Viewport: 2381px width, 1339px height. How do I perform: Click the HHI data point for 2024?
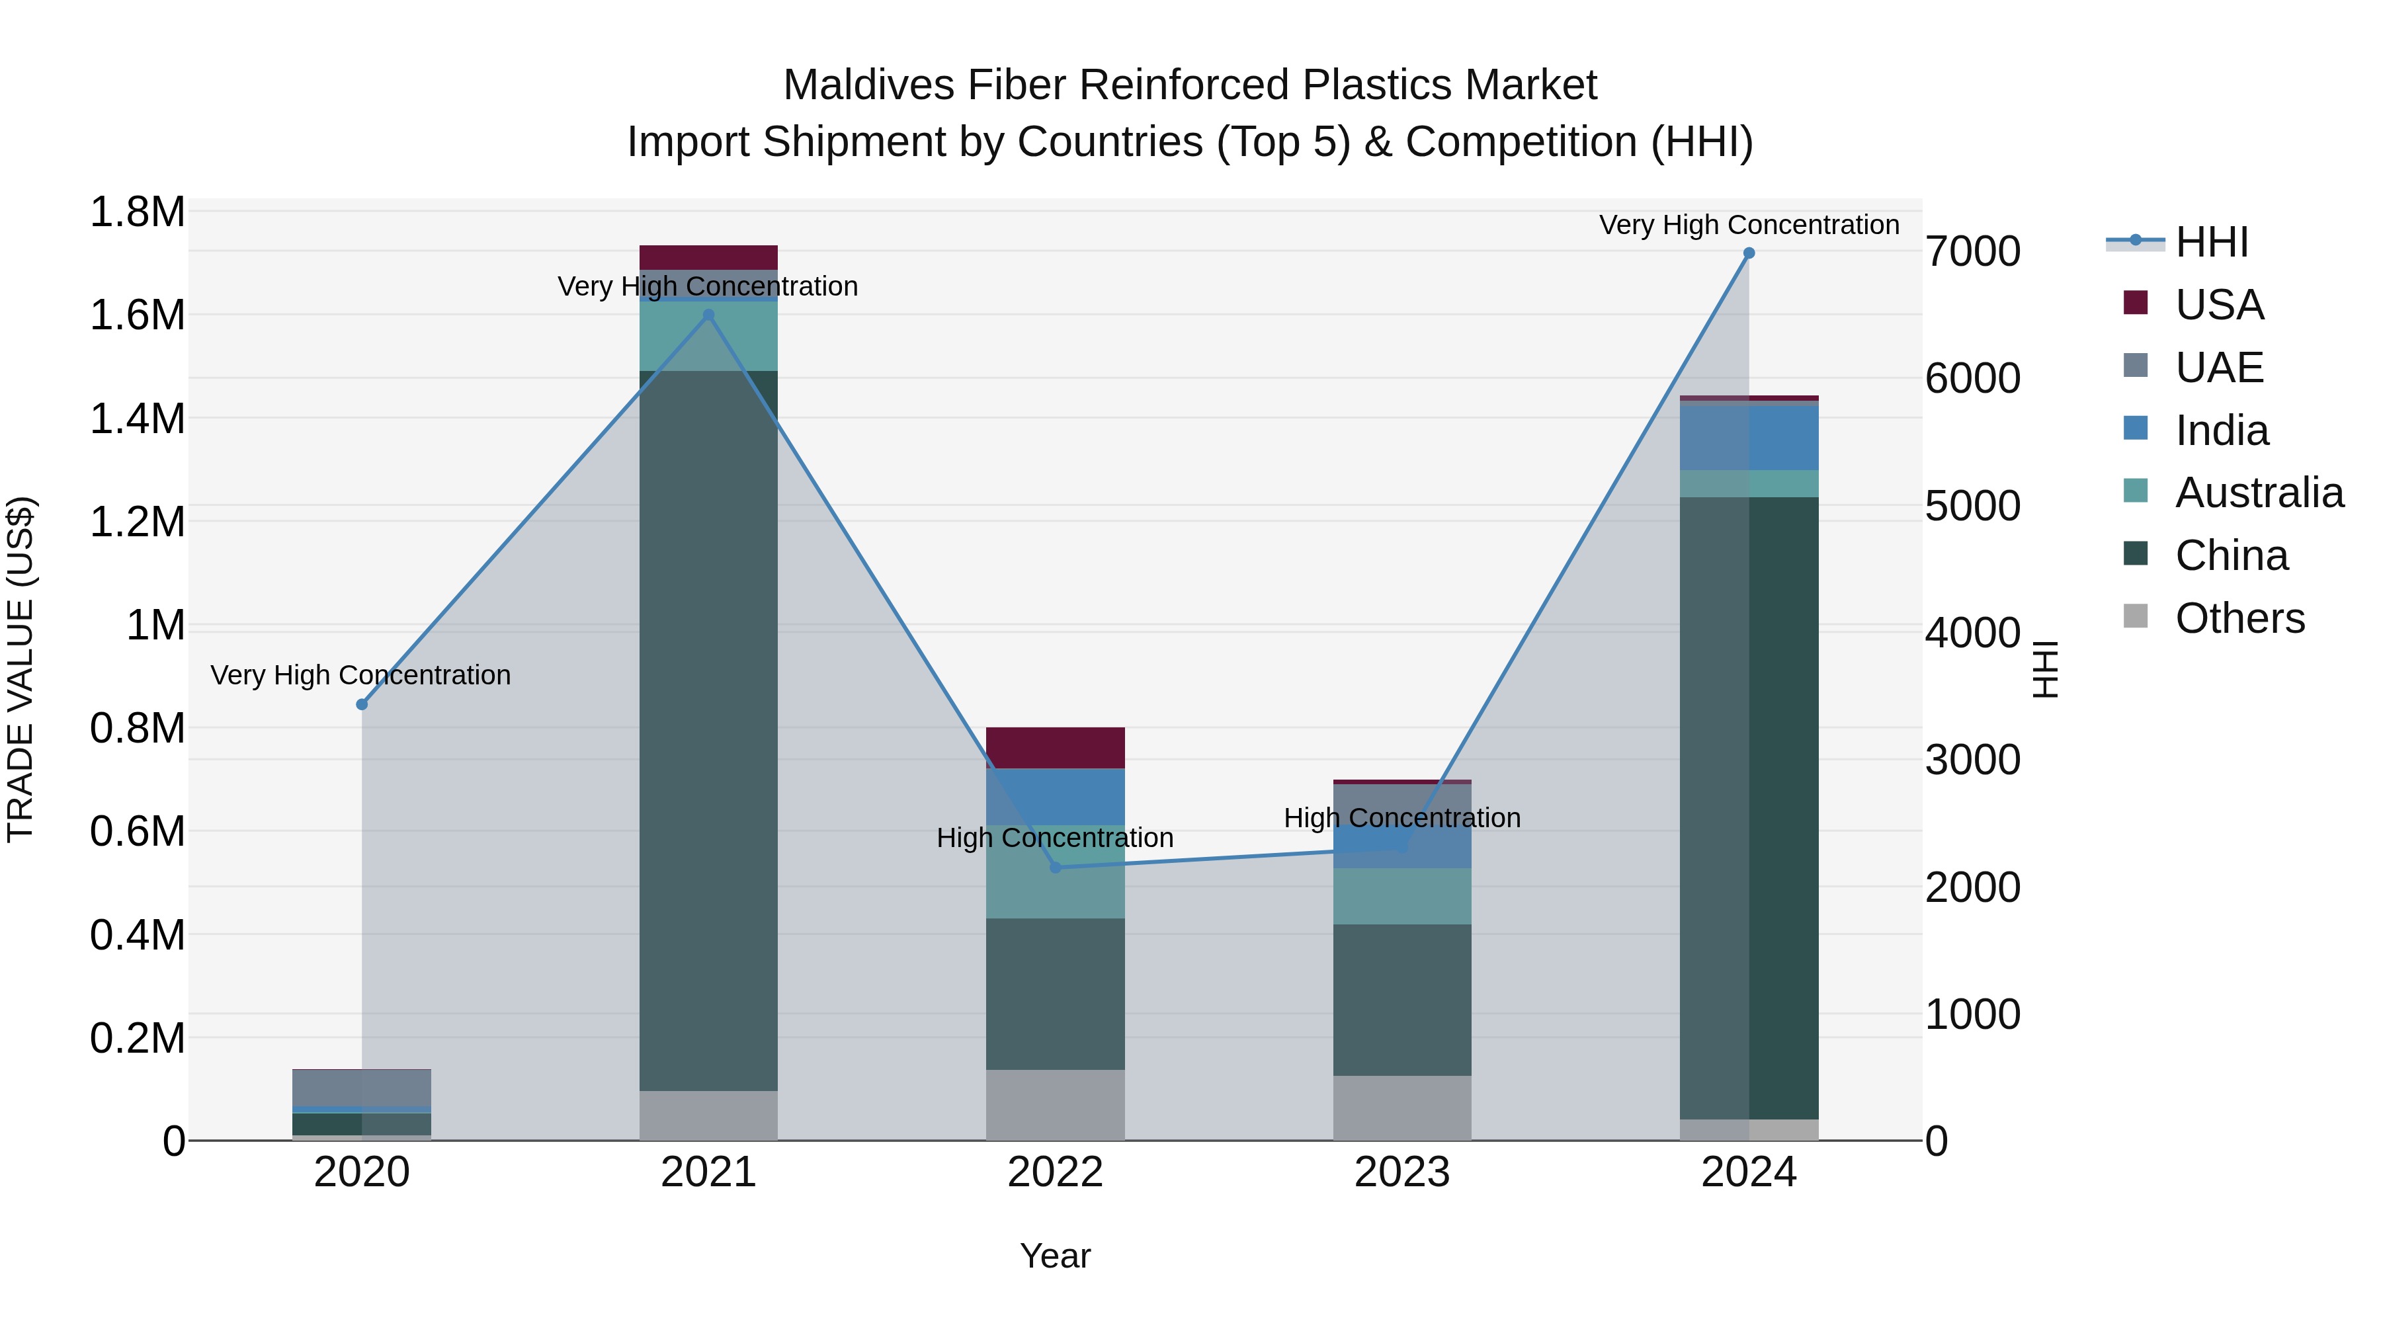pyautogui.click(x=1748, y=253)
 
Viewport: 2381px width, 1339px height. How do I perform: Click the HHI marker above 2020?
pyautogui.click(x=361, y=704)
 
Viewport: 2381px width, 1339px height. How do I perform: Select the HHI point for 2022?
pyautogui.click(x=1056, y=868)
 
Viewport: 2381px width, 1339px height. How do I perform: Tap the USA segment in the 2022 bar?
pyautogui.click(x=1056, y=748)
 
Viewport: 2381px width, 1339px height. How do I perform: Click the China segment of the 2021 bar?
pyautogui.click(x=708, y=730)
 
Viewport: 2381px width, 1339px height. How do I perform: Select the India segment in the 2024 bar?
pyautogui.click(x=1748, y=437)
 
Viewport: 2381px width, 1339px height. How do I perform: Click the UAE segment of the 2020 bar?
pyautogui.click(x=361, y=1088)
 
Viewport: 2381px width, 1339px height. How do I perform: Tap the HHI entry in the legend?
pyautogui.click(x=2211, y=242)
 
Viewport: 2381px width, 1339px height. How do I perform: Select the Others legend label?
pyautogui.click(x=2239, y=618)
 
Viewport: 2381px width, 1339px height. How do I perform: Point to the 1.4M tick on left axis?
pyautogui.click(x=137, y=419)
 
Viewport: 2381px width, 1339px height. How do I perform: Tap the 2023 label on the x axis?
pyautogui.click(x=1401, y=1172)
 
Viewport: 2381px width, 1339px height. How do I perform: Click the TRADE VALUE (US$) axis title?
pyautogui.click(x=21, y=669)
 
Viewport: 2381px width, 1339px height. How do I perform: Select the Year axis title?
pyautogui.click(x=1055, y=1256)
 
